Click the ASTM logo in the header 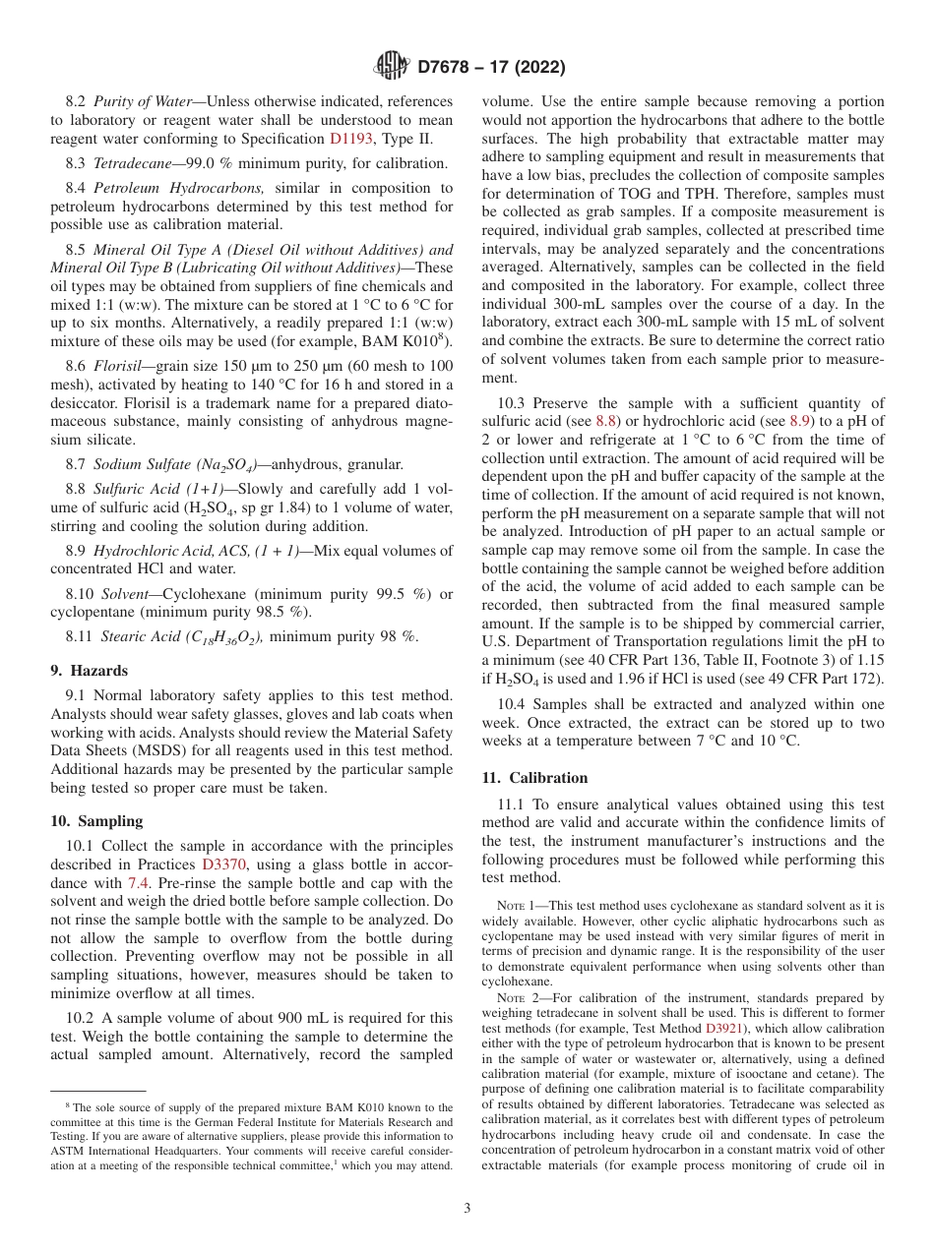[x=389, y=68]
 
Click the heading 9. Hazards [x=89, y=671]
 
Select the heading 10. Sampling [x=96, y=821]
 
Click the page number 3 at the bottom [x=467, y=1209]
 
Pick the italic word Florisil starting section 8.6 [x=118, y=366]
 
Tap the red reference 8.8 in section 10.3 [x=606, y=421]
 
